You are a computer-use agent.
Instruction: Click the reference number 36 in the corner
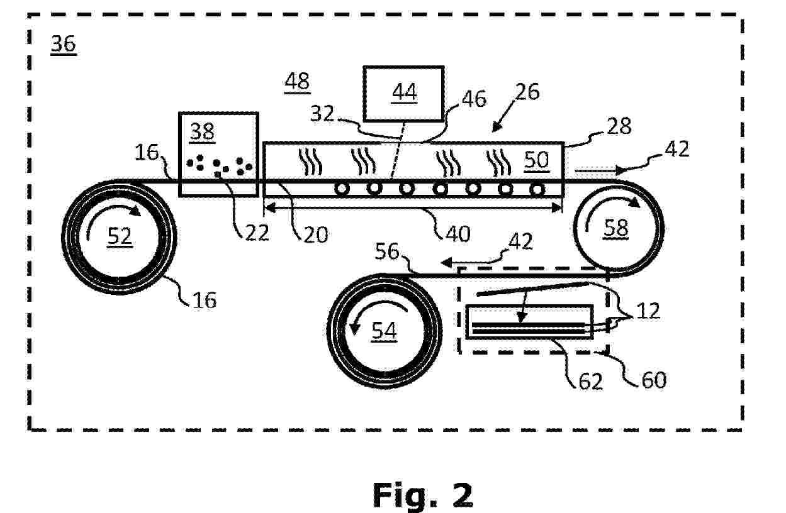point(64,45)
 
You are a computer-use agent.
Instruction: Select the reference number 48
point(296,82)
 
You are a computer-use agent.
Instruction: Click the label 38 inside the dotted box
point(202,131)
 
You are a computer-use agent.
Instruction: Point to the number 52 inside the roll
point(120,236)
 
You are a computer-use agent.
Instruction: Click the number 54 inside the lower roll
point(384,330)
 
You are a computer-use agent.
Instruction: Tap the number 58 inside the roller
point(616,228)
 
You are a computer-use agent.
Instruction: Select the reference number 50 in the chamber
point(536,160)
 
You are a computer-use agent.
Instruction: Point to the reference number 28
point(619,126)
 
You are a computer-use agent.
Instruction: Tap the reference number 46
point(474,99)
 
